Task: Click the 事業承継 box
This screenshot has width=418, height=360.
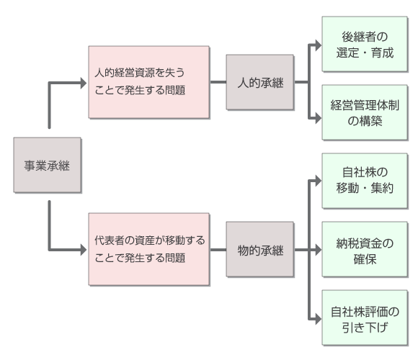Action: tap(48, 165)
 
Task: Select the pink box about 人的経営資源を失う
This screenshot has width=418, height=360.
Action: tap(149, 82)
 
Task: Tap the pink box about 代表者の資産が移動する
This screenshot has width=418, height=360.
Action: tap(149, 249)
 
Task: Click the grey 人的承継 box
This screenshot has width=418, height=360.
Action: tap(260, 82)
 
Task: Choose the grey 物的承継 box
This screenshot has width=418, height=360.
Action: tap(260, 250)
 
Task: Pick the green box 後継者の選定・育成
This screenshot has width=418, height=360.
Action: tap(365, 44)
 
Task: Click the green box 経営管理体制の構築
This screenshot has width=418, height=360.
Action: tap(365, 112)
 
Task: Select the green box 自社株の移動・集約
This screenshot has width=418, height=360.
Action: tap(365, 181)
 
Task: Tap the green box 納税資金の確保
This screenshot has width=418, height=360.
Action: tap(365, 250)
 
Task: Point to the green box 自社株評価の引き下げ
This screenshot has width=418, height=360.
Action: tap(365, 318)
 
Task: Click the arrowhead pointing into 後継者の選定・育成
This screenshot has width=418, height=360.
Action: tap(319, 45)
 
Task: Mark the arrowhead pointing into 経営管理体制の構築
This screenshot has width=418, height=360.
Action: tap(319, 118)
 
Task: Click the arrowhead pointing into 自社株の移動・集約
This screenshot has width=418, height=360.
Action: tap(319, 181)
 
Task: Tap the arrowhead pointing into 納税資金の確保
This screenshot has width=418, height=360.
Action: tap(319, 250)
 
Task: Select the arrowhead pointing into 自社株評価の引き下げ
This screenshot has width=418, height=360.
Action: tap(319, 319)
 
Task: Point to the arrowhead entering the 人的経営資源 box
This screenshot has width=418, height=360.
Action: tap(84, 83)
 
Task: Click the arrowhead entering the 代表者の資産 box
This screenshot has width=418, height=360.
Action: tap(84, 250)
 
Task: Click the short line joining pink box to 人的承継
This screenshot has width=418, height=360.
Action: tap(218, 82)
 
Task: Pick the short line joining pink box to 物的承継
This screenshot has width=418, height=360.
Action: tap(218, 250)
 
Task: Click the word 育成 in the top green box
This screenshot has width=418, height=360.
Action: tap(382, 53)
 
